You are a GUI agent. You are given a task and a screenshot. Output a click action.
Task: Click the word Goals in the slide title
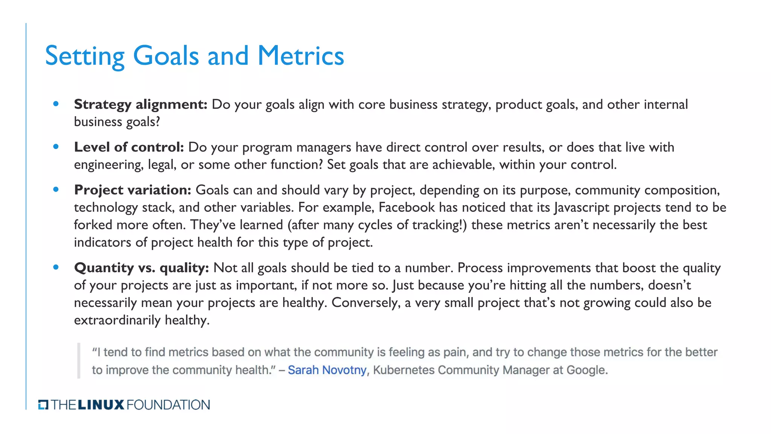[x=166, y=56]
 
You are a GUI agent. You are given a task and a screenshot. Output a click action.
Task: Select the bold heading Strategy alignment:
[x=140, y=104]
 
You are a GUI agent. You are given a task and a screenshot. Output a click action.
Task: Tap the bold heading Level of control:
[x=129, y=147]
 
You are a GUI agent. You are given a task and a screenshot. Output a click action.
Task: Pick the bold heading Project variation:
[x=133, y=190]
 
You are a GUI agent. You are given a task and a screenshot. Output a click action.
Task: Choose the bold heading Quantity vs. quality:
[x=141, y=268]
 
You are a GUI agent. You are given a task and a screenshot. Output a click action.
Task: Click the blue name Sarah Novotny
[x=327, y=370]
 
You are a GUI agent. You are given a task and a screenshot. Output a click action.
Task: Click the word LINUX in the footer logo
[x=101, y=405]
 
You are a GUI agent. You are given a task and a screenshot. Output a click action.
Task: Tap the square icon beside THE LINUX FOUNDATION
[x=43, y=405]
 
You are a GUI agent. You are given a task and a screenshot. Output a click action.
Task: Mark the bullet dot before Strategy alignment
[x=56, y=104]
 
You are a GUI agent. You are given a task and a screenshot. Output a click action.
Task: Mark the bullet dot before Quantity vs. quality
[x=56, y=267]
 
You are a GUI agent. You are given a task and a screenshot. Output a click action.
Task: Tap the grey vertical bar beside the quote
[x=79, y=361]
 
